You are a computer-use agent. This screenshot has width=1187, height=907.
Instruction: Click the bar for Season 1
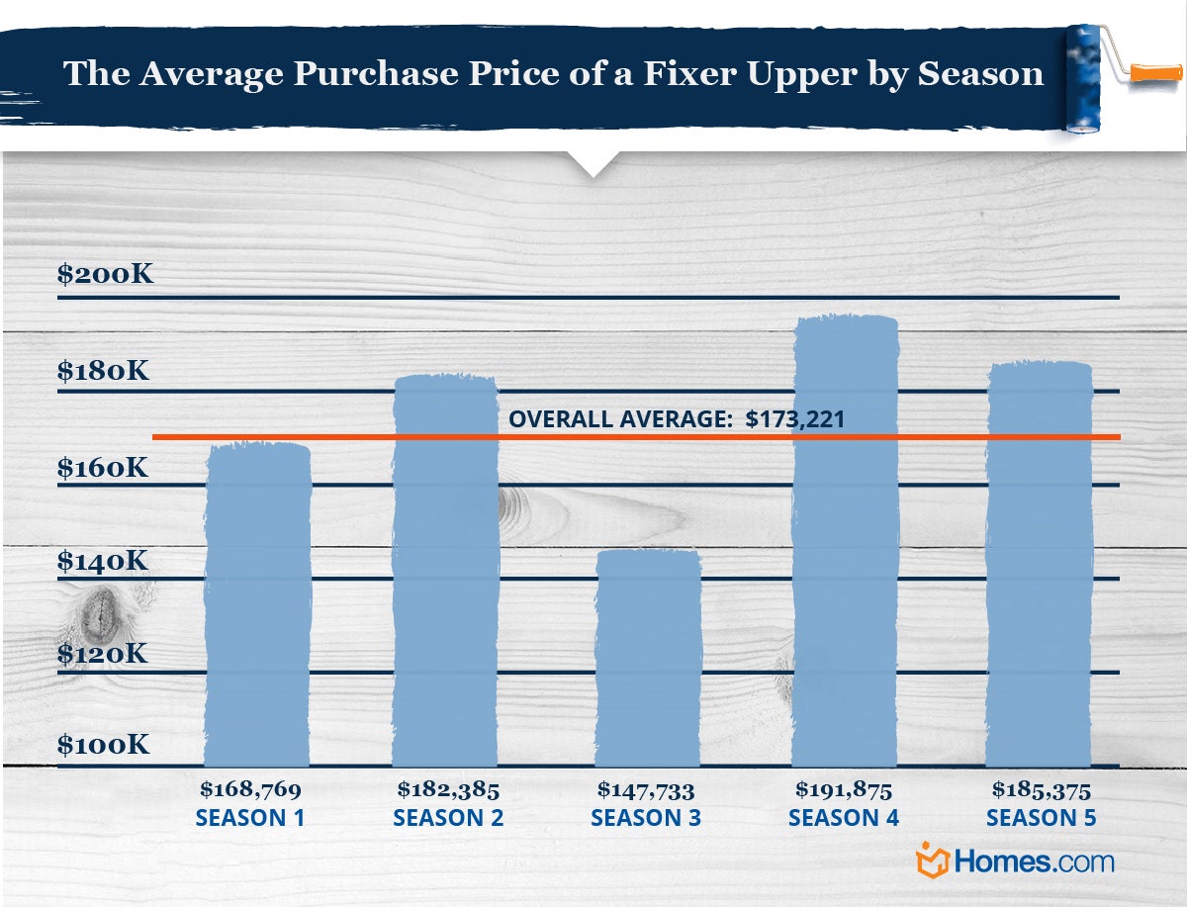(x=257, y=603)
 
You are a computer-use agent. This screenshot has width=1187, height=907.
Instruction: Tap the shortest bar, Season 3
(x=648, y=658)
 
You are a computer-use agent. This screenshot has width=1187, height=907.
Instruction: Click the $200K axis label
(x=106, y=274)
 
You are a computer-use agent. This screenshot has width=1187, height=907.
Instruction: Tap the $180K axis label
(x=104, y=371)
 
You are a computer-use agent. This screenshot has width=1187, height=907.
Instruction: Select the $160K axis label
(x=104, y=466)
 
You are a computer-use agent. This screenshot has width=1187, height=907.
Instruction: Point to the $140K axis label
(x=104, y=561)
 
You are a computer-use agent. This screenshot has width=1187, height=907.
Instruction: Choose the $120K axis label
(x=104, y=654)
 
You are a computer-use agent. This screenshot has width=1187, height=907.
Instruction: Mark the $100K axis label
(x=104, y=745)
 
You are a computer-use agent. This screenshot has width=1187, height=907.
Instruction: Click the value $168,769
(x=250, y=789)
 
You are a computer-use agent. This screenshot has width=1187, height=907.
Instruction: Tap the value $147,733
(x=646, y=789)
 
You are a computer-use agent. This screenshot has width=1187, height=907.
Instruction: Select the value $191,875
(x=844, y=789)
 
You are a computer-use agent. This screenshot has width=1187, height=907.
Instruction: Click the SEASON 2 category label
(x=448, y=819)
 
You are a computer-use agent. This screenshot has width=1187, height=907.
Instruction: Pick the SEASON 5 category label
(x=1042, y=819)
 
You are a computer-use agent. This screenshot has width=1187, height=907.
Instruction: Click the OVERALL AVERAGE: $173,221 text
(x=677, y=419)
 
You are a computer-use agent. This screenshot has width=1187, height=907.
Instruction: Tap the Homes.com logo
(x=1017, y=861)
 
